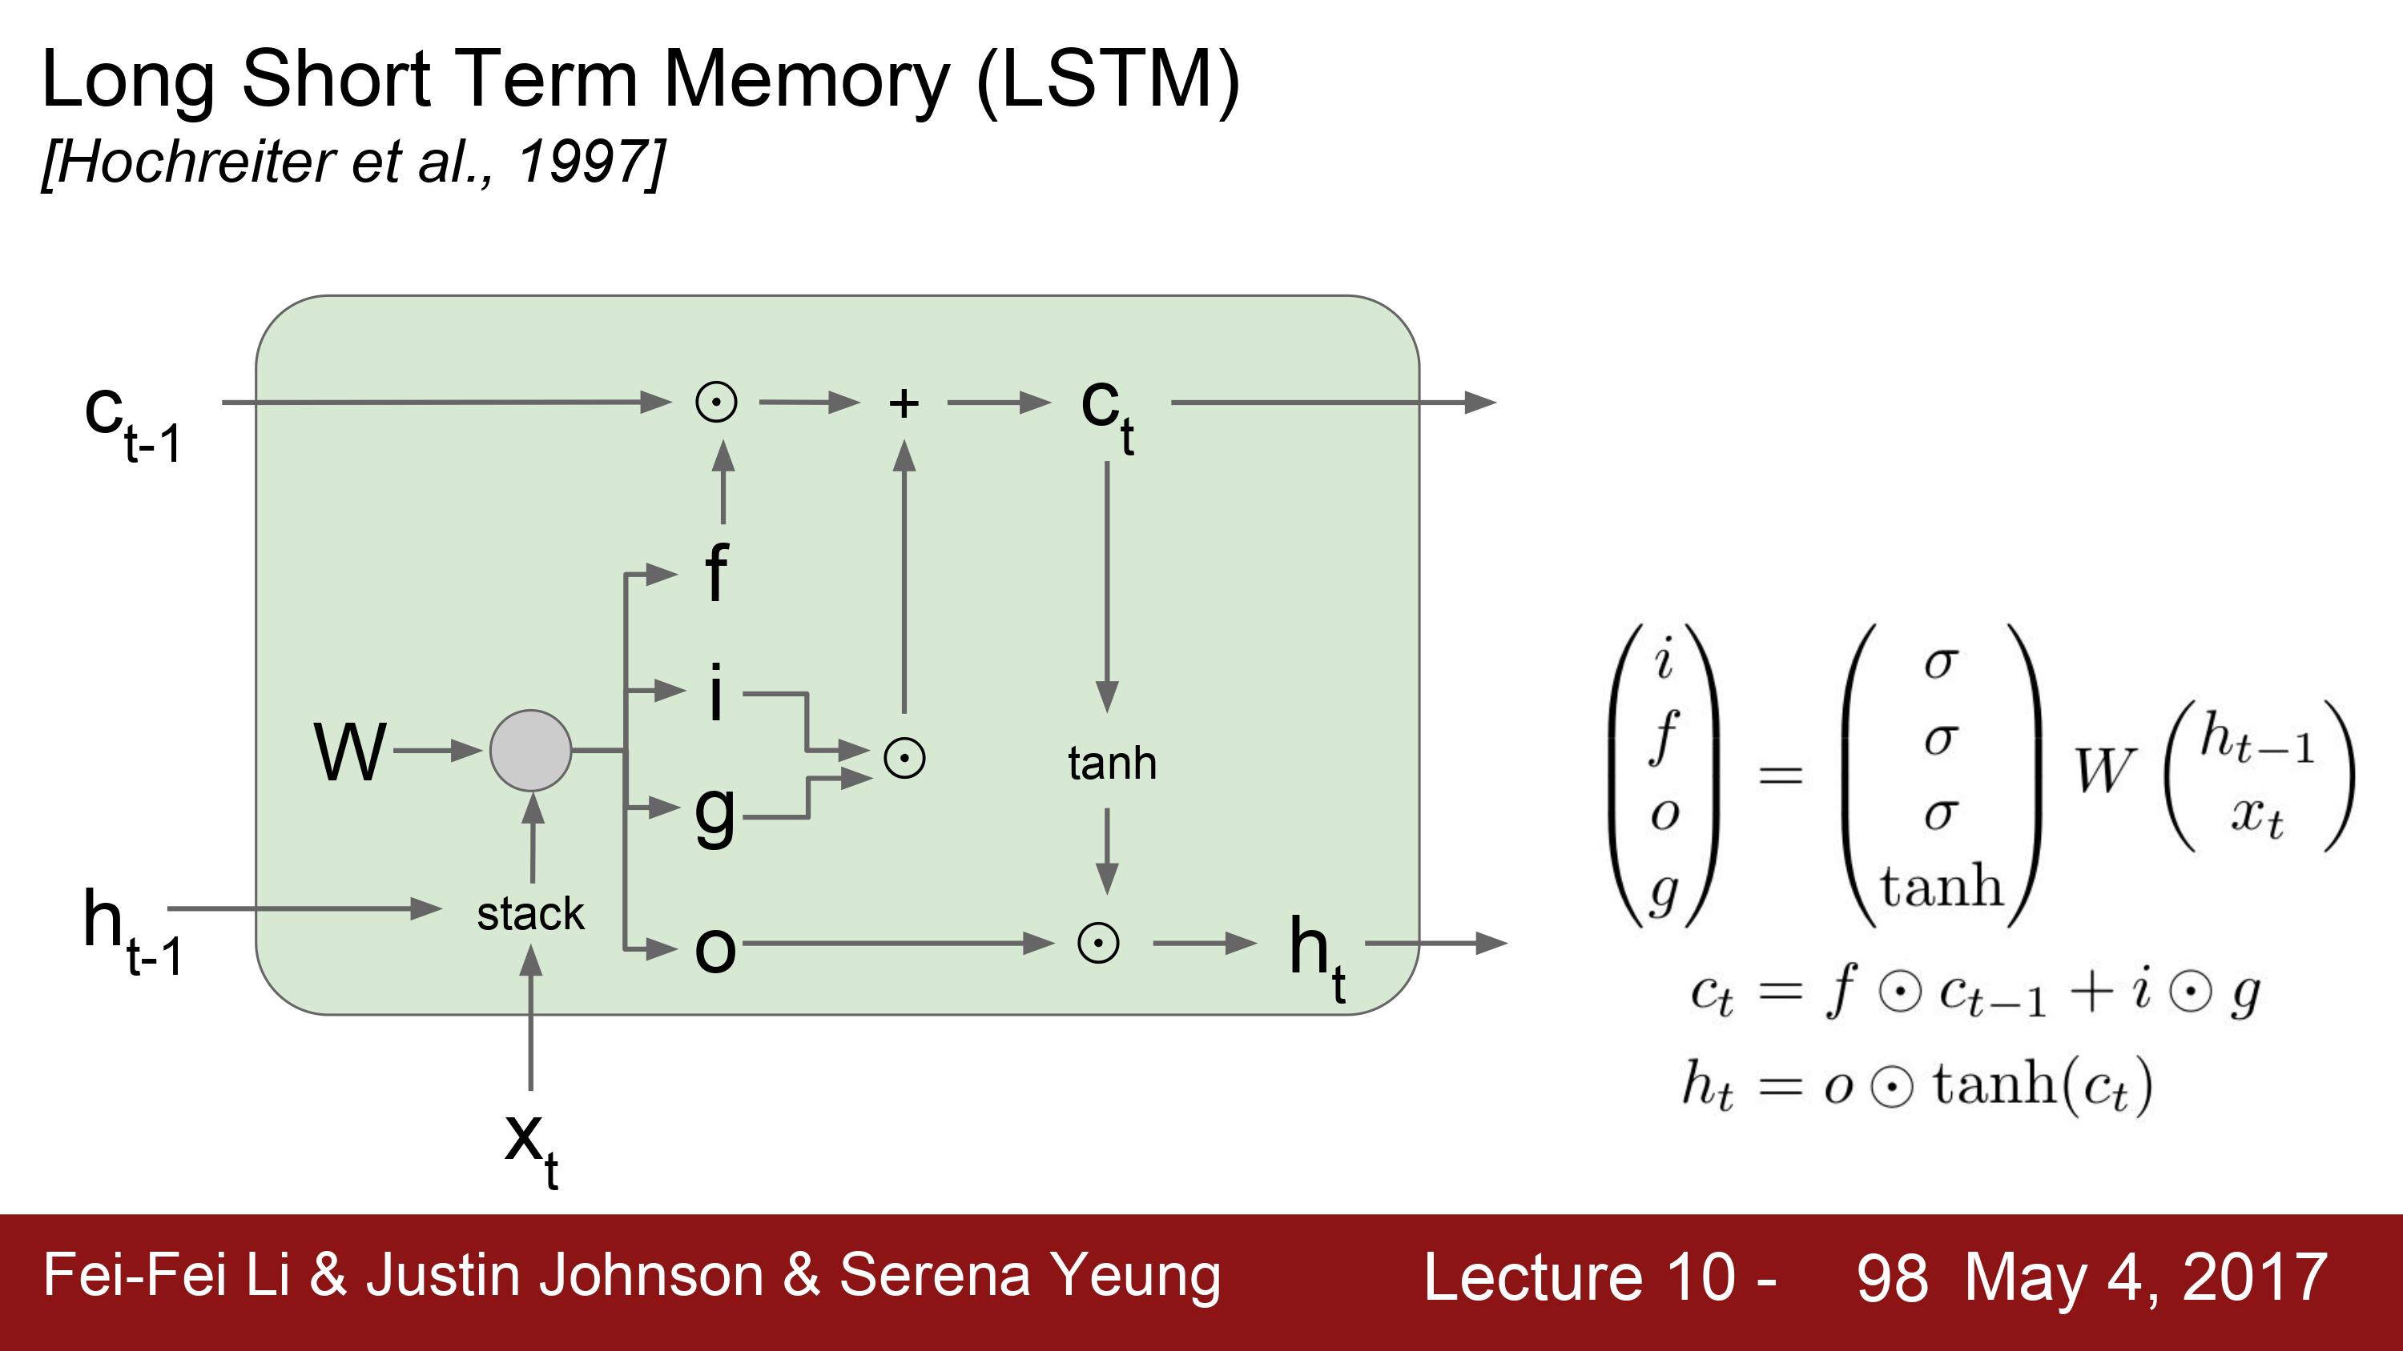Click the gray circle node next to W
(531, 751)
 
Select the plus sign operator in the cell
(903, 403)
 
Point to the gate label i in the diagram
(715, 692)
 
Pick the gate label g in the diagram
(715, 815)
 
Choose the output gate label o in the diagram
(715, 950)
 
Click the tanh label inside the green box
(1112, 763)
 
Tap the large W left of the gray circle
(350, 752)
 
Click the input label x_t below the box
(532, 1149)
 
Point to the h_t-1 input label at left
(132, 932)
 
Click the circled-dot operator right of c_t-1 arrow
(716, 403)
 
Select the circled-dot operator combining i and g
(904, 758)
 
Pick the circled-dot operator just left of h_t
(1098, 944)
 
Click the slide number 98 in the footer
(1892, 1277)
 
